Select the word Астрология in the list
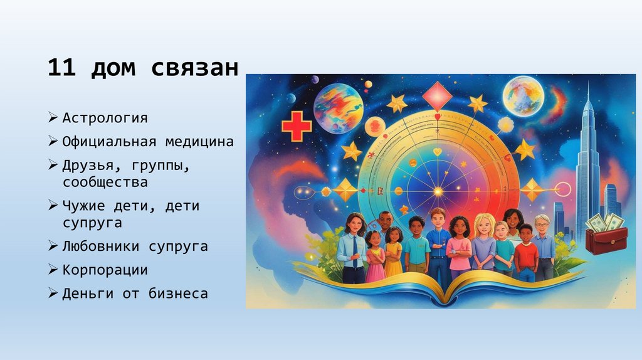[105, 118]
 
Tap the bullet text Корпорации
[105, 270]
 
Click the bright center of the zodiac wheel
[438, 189]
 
